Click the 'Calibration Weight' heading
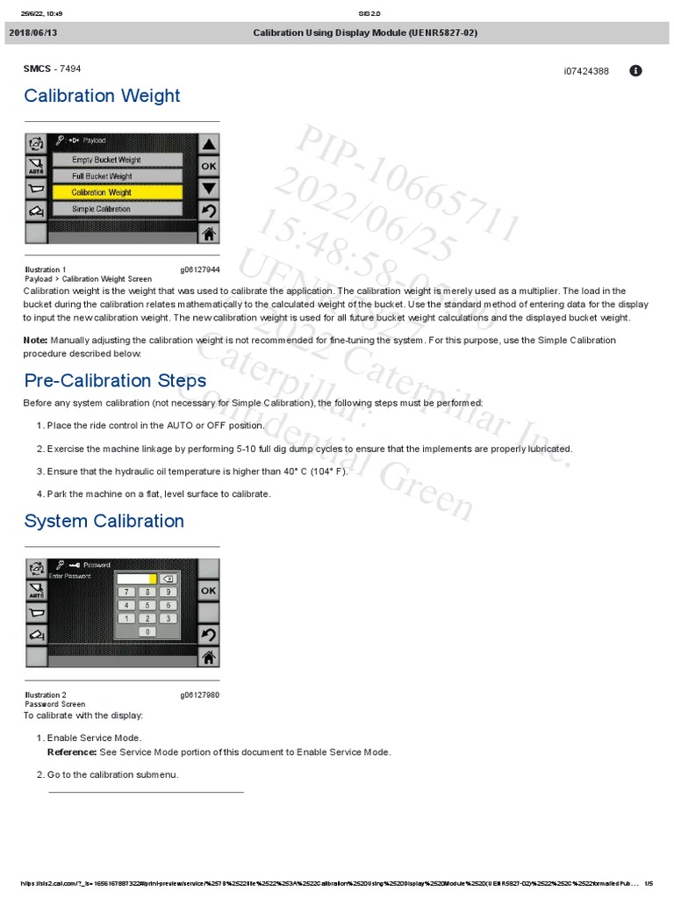click(102, 96)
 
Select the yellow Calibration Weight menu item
click(117, 192)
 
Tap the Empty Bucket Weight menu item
click(117, 160)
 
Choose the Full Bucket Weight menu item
click(117, 176)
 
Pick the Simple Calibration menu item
click(117, 209)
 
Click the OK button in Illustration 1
click(209, 166)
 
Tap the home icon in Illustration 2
click(209, 656)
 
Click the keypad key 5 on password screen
click(147, 606)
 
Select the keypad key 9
click(167, 593)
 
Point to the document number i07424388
click(586, 71)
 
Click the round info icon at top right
click(636, 70)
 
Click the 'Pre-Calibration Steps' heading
click(115, 380)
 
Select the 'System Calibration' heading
click(104, 521)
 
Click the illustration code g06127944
click(200, 270)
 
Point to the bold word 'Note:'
click(36, 340)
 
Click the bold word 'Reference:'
click(71, 752)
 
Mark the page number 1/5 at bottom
click(649, 883)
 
